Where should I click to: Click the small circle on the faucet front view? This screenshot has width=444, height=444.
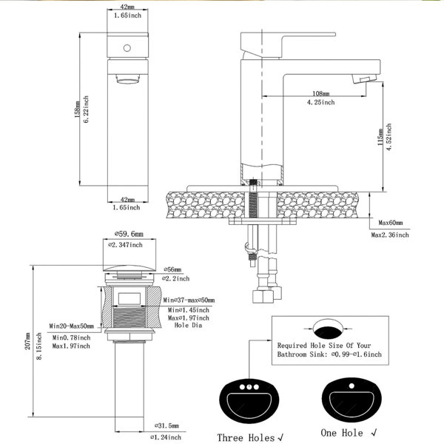pos(127,48)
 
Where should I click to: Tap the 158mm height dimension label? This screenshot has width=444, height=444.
pos(77,109)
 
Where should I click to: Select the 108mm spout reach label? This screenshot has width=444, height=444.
pos(321,93)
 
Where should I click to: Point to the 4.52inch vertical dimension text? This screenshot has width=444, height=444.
pos(389,137)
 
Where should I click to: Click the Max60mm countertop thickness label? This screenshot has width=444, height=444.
pos(391,223)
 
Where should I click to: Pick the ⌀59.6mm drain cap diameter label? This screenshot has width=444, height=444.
pos(129,234)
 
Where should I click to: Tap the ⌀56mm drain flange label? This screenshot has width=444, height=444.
pos(172,269)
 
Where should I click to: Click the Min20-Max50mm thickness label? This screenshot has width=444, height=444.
pos(71,326)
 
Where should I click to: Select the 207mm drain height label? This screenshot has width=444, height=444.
pos(27,341)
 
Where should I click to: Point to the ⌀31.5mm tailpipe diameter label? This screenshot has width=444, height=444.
pos(166,426)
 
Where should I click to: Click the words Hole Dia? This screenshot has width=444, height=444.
pos(188,325)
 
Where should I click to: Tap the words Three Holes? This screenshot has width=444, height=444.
pos(246,437)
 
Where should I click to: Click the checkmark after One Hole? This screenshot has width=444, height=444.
pos(374,432)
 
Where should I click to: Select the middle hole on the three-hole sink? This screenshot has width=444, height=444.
pos(249,387)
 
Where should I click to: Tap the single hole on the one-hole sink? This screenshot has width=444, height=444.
pos(351,386)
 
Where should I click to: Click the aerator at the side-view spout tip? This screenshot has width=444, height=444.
pos(365,78)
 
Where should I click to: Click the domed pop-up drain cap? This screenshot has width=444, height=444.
pos(129,268)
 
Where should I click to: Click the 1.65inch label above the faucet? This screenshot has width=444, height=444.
pos(127,16)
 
